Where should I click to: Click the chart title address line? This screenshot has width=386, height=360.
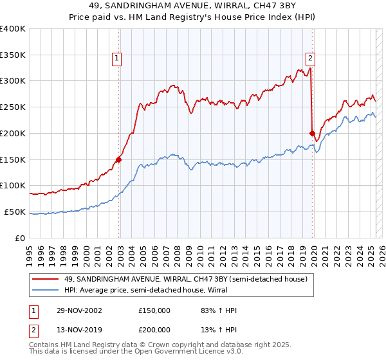pos(192,6)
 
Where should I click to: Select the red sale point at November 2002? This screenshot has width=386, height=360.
pos(119,159)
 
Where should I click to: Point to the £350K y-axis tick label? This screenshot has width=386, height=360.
pos(13,55)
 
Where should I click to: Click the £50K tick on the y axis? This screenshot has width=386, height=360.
pos(15,212)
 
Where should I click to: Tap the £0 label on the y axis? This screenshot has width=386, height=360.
pos(21,238)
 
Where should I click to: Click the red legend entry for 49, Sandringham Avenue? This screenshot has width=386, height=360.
pos(187,279)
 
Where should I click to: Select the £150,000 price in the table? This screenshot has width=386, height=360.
pos(154,310)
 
